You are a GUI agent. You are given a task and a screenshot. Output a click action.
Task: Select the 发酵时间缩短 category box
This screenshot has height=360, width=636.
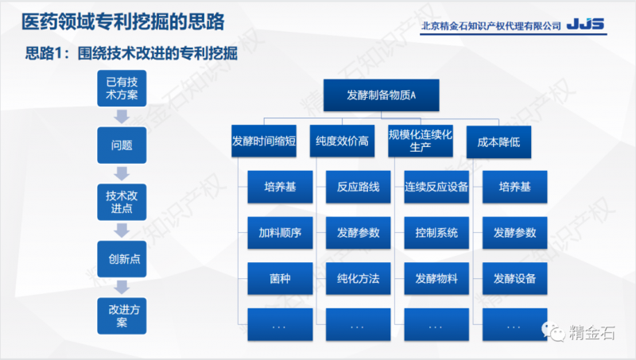pos(264,141)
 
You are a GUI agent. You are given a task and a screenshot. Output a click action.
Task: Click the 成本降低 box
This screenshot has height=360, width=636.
pos(498,141)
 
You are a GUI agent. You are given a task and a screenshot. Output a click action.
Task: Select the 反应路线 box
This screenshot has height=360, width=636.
pos(358,188)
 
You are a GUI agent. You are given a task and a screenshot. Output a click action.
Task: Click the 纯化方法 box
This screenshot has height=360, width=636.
pos(358,279)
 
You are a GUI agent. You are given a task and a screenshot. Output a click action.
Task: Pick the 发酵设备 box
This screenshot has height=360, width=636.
pos(514,279)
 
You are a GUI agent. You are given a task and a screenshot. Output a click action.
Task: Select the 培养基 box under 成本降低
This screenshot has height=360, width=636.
pos(514,188)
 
